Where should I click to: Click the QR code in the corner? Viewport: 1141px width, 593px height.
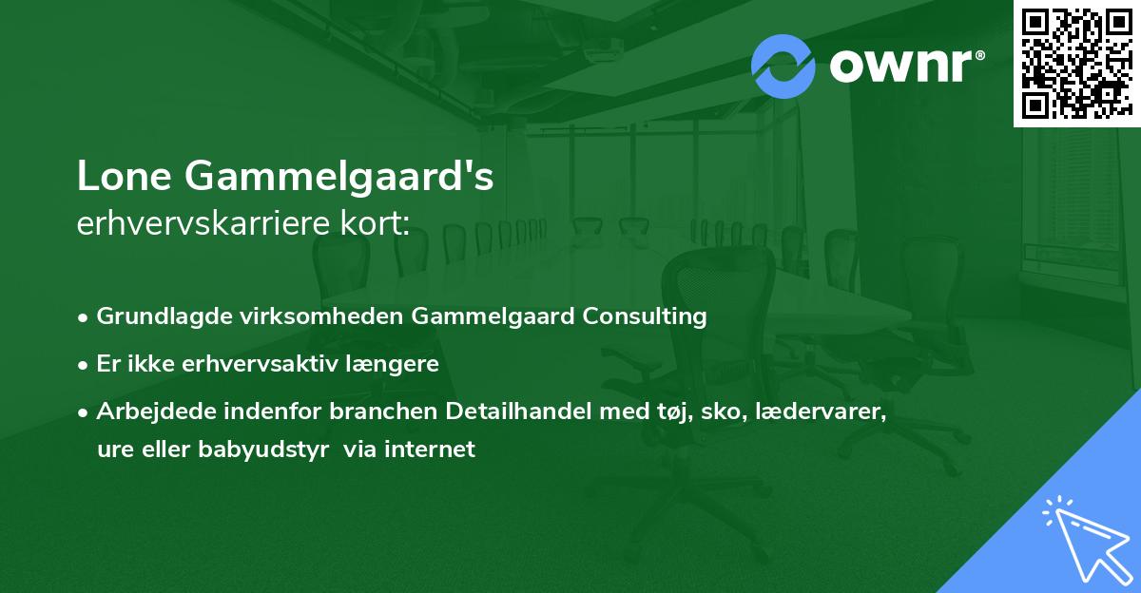pos(1076,63)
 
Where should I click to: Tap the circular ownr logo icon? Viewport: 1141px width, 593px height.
pos(783,66)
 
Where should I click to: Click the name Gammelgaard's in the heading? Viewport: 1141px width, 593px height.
pos(338,178)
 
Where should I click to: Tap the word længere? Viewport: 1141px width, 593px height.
pos(395,364)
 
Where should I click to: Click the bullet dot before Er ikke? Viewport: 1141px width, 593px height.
pos(85,365)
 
